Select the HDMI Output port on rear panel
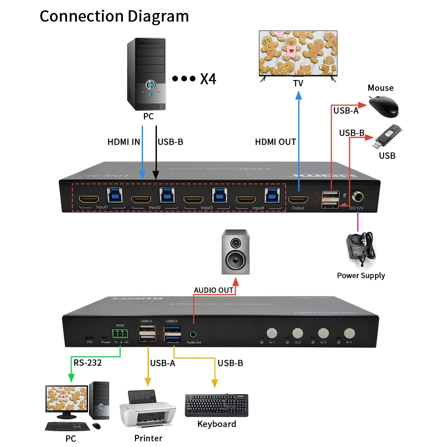tap(297, 200)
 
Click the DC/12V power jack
tap(357, 197)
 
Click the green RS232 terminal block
tap(120, 334)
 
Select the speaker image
tap(235, 252)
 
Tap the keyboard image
tap(216, 405)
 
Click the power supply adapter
tap(361, 248)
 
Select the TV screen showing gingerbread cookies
tap(298, 53)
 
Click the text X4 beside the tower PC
tap(208, 79)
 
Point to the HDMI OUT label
tap(275, 142)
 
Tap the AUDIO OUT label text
tap(214, 290)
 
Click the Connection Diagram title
tap(114, 16)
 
